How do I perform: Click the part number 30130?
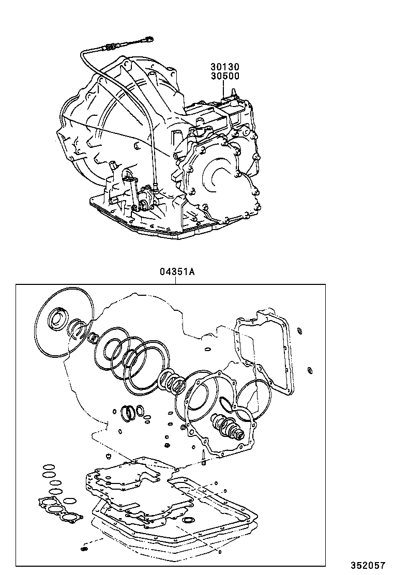pos(225,67)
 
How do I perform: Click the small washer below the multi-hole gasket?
pos(84,548)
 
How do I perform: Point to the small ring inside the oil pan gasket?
pos(189,519)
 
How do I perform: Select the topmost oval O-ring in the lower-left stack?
pos(48,465)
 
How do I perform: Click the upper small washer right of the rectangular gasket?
pos(300,330)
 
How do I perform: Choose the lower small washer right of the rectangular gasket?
pos(309,369)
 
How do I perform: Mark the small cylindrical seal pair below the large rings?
pos(131,412)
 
